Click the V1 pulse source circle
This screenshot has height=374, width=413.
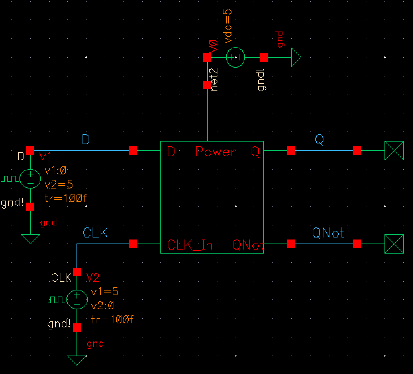[30, 178]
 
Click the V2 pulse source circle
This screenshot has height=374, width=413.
[77, 300]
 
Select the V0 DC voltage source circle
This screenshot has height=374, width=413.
[236, 57]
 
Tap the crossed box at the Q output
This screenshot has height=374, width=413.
[394, 151]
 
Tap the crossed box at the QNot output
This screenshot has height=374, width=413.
[394, 244]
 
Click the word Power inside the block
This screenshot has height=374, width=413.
[216, 152]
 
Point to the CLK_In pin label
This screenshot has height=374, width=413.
[190, 245]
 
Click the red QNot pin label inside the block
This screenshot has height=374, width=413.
[248, 245]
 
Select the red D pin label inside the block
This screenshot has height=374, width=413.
[171, 152]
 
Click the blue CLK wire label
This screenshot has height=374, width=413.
[95, 232]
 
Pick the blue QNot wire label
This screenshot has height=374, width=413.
[328, 232]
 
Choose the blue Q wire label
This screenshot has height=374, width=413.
[319, 140]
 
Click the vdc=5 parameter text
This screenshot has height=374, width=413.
[229, 26]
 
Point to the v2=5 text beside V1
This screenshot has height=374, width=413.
[59, 184]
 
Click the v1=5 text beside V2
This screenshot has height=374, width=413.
[105, 291]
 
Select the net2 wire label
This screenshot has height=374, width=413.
[215, 79]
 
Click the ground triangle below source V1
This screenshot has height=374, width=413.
[30, 238]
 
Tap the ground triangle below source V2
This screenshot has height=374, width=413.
[77, 360]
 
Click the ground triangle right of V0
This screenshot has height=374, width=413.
[296, 57]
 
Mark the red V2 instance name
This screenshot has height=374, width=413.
[93, 277]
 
